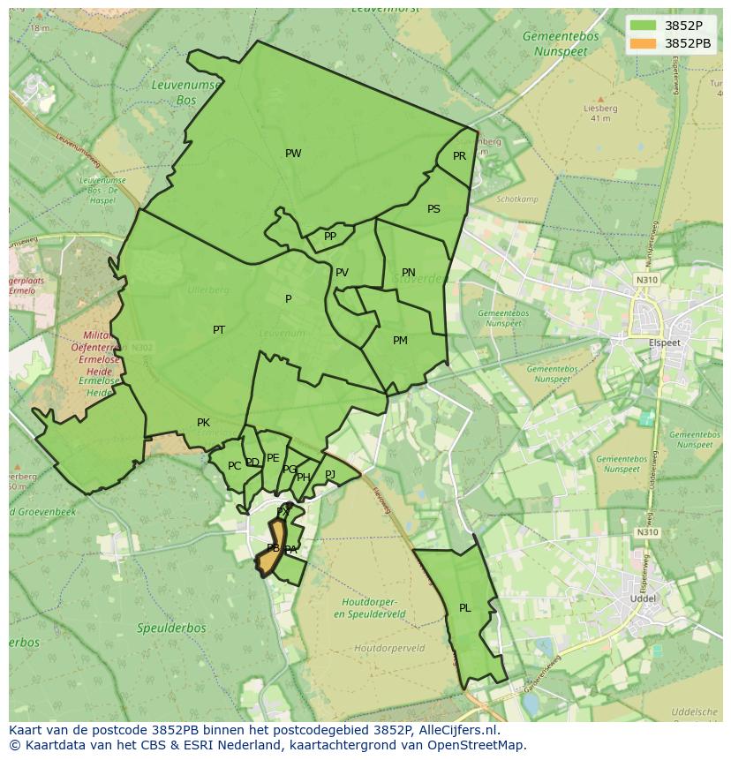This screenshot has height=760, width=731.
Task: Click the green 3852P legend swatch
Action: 644,26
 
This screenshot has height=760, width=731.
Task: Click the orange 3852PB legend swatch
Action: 644,42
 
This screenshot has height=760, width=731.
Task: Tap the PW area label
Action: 293,154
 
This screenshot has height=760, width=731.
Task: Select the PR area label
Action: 459,156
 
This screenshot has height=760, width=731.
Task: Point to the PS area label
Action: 433,209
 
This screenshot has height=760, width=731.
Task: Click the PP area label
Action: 330,237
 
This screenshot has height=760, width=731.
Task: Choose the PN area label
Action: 408,273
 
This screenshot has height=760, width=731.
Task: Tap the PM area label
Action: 400,341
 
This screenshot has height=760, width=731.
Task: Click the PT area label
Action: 219,330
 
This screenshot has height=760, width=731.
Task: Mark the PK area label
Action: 203,423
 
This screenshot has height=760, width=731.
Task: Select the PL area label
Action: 465,608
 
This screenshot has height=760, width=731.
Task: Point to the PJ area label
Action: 330,474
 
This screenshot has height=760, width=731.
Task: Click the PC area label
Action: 234,466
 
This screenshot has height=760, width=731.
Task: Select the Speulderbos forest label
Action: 171,628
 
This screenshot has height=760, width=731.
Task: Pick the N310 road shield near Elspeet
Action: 646,280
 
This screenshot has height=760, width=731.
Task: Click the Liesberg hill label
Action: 600,109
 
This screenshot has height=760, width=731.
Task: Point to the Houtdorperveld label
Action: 389,648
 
